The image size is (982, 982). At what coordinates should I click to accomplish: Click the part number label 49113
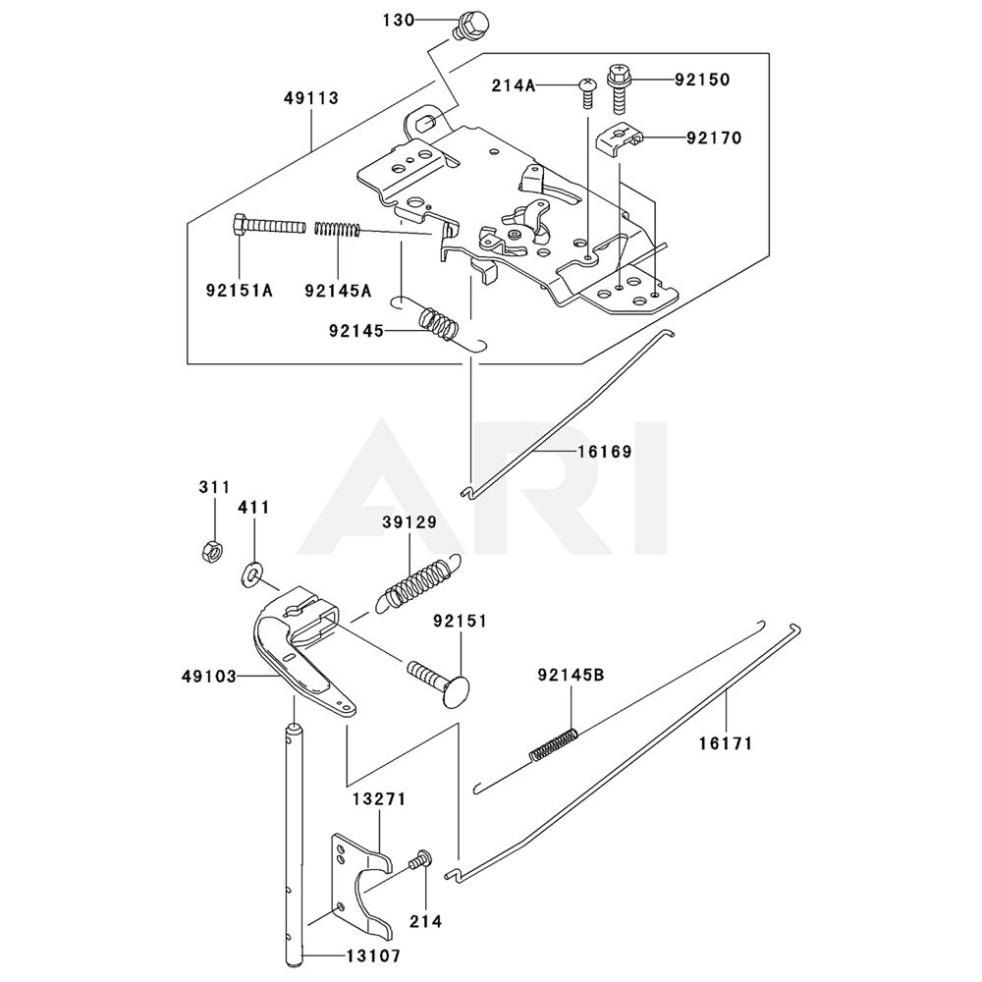(311, 98)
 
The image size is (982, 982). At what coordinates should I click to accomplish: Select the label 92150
(702, 80)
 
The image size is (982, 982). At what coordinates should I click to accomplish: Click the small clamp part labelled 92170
(617, 137)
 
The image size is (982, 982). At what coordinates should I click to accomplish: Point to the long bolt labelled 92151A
(270, 226)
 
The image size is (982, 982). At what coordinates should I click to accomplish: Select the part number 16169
(605, 452)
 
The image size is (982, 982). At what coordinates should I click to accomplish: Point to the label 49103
(208, 677)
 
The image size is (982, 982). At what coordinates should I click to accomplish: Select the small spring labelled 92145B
(554, 742)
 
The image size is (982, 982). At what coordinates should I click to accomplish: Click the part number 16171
(726, 743)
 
